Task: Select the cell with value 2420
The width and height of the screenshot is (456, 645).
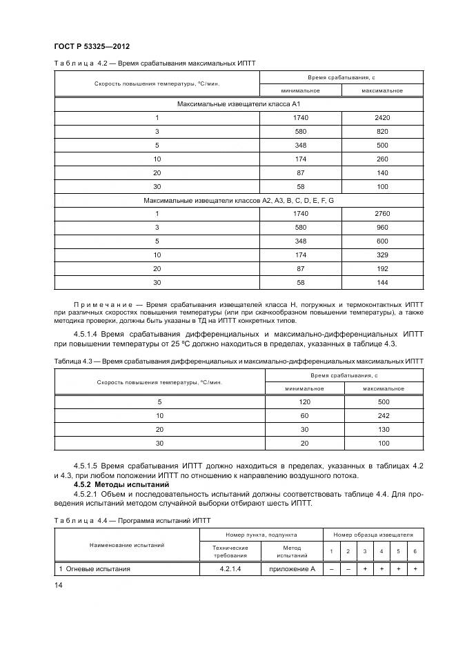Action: [381, 118]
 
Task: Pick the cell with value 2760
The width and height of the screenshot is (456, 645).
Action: [381, 213]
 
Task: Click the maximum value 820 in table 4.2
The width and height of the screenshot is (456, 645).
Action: [381, 131]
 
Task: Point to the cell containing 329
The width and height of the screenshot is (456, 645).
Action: [381, 255]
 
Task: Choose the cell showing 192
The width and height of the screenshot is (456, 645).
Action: [381, 268]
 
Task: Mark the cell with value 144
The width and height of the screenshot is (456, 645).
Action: [381, 282]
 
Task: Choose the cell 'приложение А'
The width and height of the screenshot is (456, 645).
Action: [293, 569]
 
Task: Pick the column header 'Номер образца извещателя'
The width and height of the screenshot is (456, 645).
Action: [373, 534]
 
